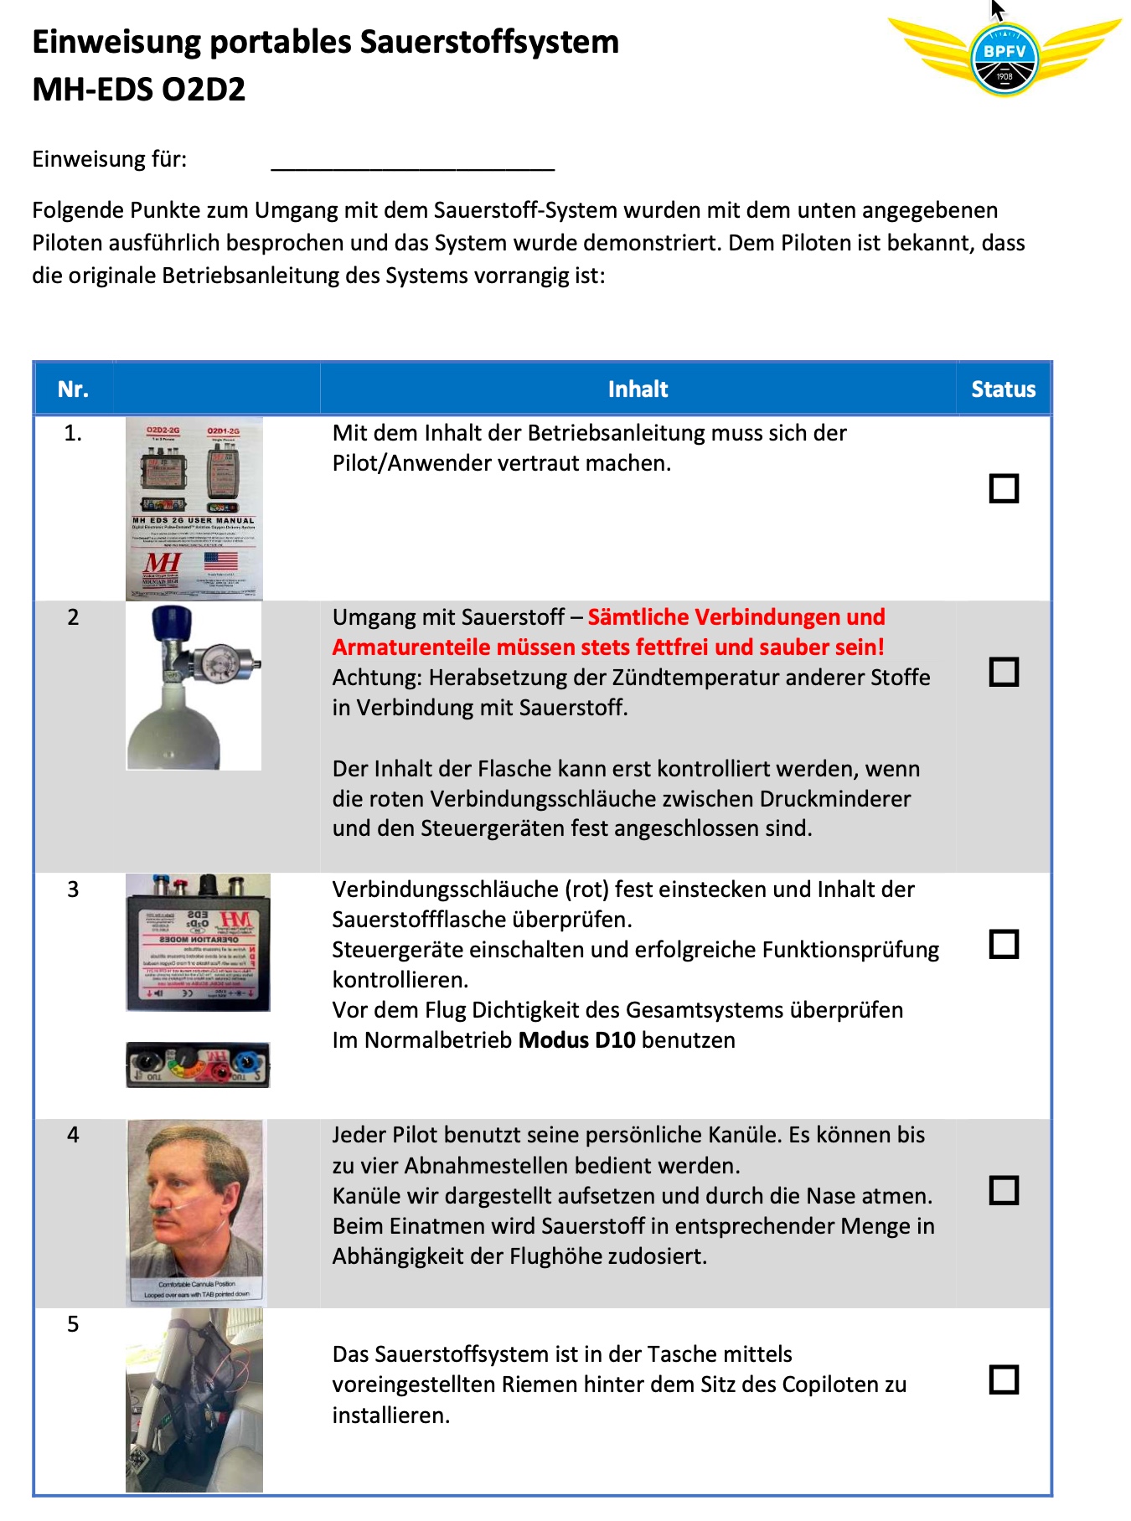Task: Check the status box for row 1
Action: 1004,488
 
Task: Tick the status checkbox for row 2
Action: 1004,672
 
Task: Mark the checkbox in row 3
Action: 1004,944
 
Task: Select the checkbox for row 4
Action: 1004,1190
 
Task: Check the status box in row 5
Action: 1004,1379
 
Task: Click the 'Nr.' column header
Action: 73,389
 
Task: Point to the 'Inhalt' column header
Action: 638,389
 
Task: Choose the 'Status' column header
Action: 1003,389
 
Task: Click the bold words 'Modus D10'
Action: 576,1040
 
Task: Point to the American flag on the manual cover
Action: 220,560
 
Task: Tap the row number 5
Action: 73,1324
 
